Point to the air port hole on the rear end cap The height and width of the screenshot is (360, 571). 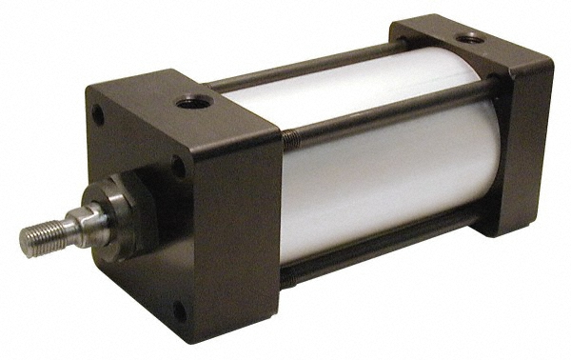pyautogui.click(x=467, y=37)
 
